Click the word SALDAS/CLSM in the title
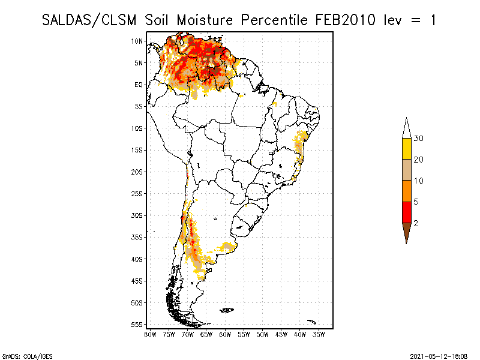(x=91, y=20)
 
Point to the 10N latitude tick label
(x=137, y=41)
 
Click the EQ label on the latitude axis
(x=139, y=85)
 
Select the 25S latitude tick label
(x=137, y=193)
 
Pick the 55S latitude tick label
(x=137, y=324)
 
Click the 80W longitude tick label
(x=151, y=334)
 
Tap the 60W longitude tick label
(x=226, y=334)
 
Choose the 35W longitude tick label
(x=319, y=334)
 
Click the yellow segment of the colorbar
(x=406, y=149)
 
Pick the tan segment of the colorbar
(x=406, y=170)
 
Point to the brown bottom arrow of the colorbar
(x=406, y=231)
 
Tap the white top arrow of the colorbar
(x=406, y=128)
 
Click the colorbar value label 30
(x=419, y=139)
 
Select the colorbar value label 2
(x=416, y=223)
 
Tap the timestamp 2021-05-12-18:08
(x=439, y=355)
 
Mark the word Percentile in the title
(x=275, y=20)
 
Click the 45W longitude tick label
(x=281, y=334)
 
